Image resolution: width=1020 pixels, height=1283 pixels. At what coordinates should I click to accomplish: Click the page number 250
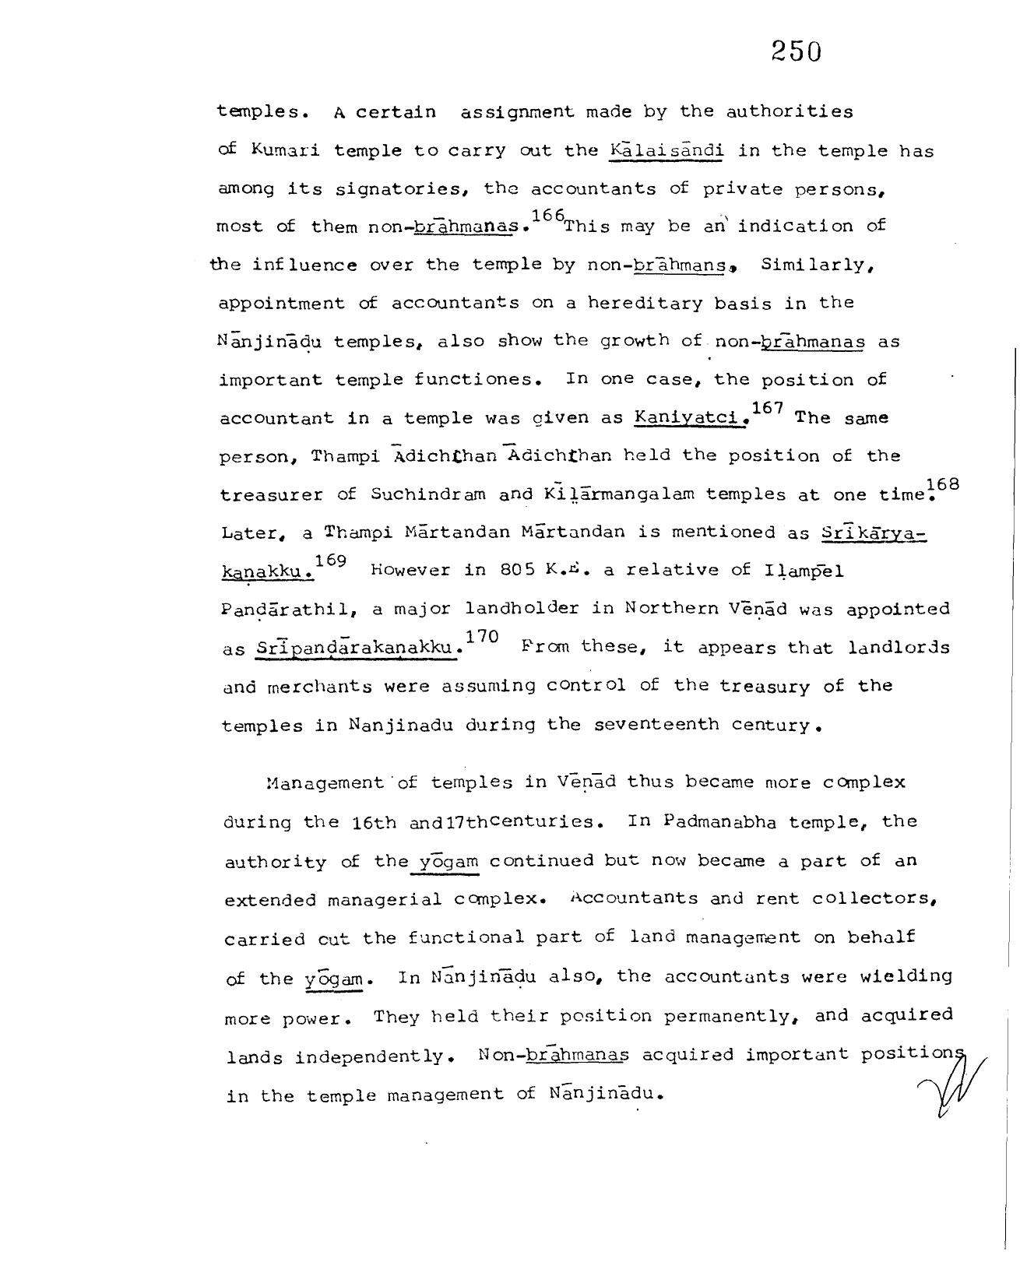click(x=797, y=51)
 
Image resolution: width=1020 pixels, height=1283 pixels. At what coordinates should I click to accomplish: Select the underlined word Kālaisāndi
click(x=667, y=149)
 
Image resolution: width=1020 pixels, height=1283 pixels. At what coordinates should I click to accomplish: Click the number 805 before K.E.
click(x=518, y=571)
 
